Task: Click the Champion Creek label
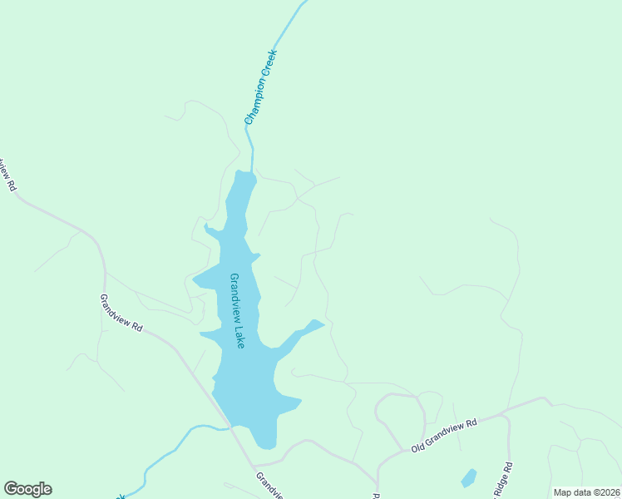coord(260,87)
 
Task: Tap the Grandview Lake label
coord(236,310)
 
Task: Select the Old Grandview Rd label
coord(444,435)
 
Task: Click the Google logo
coord(27,489)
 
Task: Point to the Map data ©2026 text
coord(586,492)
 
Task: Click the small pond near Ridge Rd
coord(469,478)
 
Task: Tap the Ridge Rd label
coord(503,481)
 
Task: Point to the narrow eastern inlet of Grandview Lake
coord(308,329)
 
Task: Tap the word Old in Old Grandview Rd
coord(418,448)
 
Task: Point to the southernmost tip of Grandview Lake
coord(265,446)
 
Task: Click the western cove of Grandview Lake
coord(204,279)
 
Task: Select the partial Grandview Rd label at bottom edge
coord(269,487)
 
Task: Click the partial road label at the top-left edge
coord(7,174)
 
